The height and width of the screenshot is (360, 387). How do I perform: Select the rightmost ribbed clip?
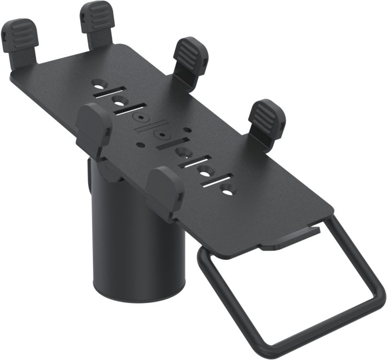click(x=266, y=117)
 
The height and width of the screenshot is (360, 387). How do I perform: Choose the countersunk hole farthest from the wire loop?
click(x=99, y=82)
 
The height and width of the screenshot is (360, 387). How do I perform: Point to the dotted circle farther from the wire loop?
click(x=140, y=116)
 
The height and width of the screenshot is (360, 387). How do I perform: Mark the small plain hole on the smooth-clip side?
click(x=139, y=144)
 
